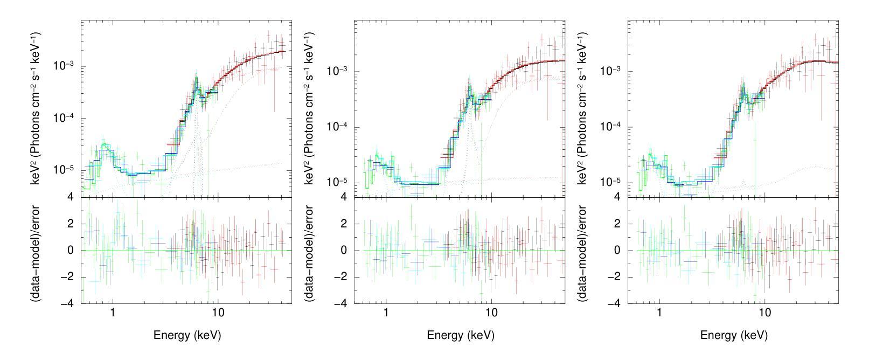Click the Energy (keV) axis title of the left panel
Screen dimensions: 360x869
(187, 335)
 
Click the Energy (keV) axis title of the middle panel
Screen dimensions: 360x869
(460, 335)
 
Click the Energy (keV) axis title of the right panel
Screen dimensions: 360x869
(734, 335)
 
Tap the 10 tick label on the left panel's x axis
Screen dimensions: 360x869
(218, 313)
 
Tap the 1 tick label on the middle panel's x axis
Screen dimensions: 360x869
(386, 313)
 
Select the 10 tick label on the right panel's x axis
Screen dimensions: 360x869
(764, 313)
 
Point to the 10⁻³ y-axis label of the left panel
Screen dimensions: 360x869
(64, 66)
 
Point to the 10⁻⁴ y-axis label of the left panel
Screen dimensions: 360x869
(64, 118)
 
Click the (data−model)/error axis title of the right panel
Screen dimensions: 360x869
(583, 251)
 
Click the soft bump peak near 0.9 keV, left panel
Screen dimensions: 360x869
(105, 144)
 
